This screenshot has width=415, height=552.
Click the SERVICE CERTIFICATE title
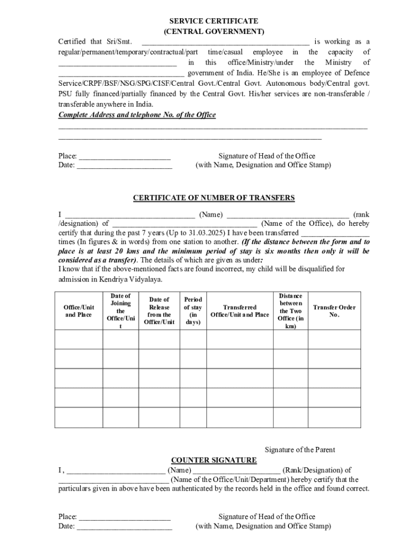click(x=214, y=21)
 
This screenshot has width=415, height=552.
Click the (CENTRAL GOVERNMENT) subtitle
click(x=214, y=31)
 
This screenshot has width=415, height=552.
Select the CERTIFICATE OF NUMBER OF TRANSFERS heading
click(x=214, y=198)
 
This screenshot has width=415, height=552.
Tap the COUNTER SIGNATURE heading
click(x=214, y=460)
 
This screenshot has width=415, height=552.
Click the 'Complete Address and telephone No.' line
click(x=137, y=115)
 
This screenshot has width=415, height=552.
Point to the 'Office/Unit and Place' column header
click(x=79, y=311)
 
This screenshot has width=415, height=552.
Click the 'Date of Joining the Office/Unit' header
click(x=120, y=311)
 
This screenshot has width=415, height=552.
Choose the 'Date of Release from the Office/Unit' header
click(x=159, y=311)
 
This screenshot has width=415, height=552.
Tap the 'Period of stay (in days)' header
click(x=193, y=311)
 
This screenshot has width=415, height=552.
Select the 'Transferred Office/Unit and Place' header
click(x=239, y=311)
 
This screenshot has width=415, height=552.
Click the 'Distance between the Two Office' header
click(x=290, y=311)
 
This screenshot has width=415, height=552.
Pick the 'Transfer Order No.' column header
click(x=334, y=311)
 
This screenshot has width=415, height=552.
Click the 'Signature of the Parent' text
click(x=300, y=450)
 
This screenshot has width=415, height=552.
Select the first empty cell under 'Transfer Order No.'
click(x=334, y=340)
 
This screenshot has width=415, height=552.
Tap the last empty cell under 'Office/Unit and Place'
click(x=79, y=417)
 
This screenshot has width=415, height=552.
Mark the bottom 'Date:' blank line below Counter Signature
click(x=124, y=527)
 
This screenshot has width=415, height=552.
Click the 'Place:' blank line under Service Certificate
click(x=124, y=156)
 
